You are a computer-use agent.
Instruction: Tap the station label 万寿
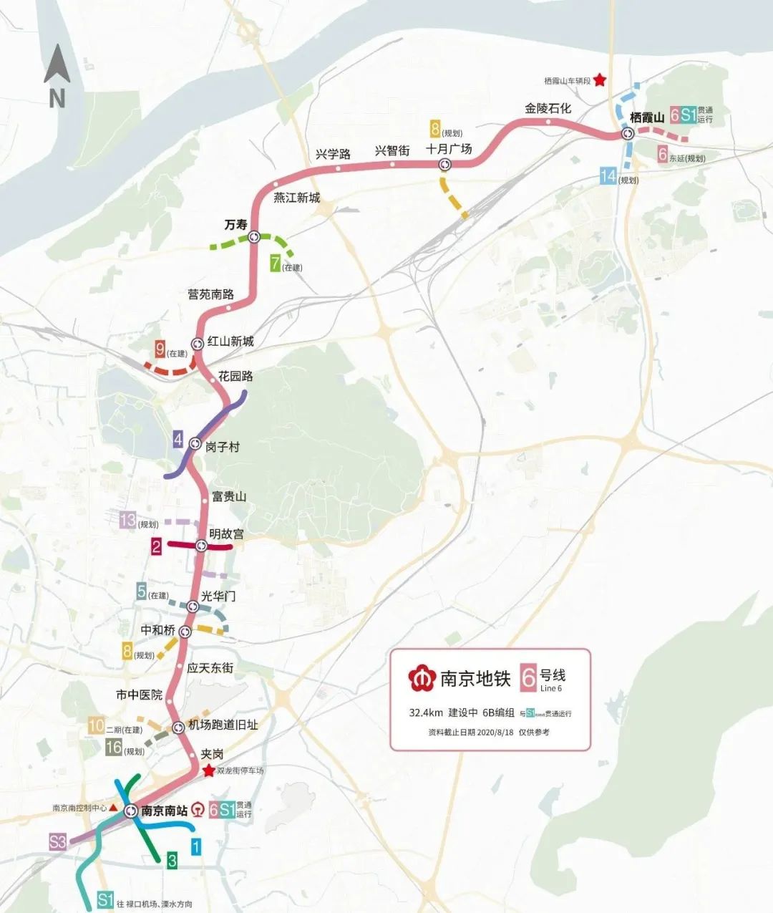[x=235, y=225]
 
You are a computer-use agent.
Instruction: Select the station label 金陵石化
[x=548, y=108]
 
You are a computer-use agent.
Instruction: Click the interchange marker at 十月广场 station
[x=445, y=165]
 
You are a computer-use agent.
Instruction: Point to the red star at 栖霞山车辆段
[x=599, y=81]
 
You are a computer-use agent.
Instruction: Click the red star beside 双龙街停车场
[x=208, y=771]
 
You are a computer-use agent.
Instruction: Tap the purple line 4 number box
[x=178, y=439]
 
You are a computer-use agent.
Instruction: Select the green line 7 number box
[x=274, y=263]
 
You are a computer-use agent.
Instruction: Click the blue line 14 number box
[x=608, y=175]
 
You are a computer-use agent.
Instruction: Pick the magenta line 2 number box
[x=156, y=547]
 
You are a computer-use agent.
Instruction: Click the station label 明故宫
[x=226, y=534]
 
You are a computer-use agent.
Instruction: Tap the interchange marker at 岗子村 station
[x=195, y=444]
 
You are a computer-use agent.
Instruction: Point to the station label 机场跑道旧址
[x=223, y=725]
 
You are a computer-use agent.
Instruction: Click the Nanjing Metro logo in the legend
[x=422, y=677]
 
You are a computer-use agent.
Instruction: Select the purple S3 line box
[x=57, y=841]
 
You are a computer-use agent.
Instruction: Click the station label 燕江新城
[x=297, y=198]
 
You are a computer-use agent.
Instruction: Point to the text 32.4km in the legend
[x=425, y=713]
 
